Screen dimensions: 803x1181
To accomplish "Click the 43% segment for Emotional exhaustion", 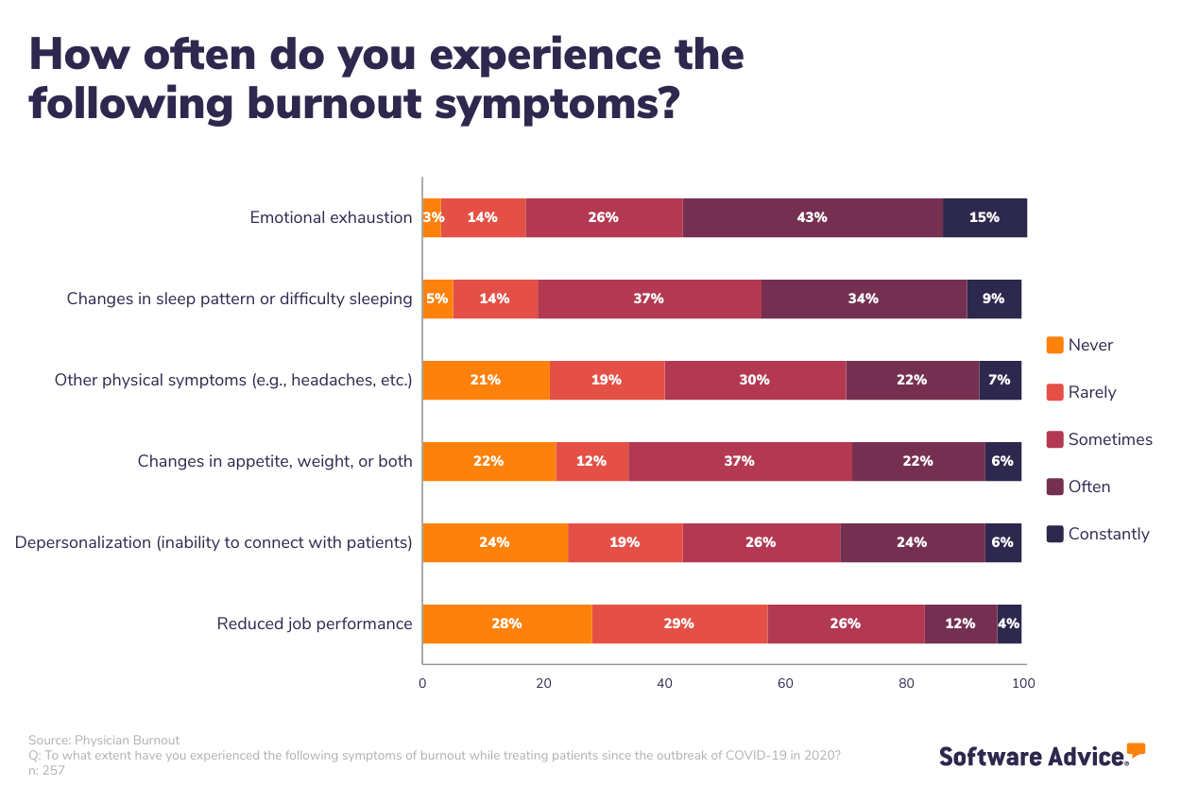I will [813, 217].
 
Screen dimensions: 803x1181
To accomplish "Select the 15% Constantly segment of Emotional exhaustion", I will [984, 217].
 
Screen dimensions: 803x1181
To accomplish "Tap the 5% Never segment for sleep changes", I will [437, 299].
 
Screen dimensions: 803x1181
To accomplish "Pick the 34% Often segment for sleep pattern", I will [864, 299].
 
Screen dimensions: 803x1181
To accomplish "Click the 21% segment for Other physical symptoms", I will [486, 380].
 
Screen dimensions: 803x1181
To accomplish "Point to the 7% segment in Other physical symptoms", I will [1000, 380].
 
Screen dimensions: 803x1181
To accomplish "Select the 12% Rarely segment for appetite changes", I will [592, 461].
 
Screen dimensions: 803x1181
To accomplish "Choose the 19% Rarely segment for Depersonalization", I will [625, 542].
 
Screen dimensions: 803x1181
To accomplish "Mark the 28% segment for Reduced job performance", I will [507, 624].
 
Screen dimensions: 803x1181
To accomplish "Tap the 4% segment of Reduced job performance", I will [1009, 624].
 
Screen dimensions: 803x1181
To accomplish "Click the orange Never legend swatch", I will [1055, 345].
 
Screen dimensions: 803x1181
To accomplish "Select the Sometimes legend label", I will [1110, 439].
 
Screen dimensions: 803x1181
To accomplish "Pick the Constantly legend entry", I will [1108, 534].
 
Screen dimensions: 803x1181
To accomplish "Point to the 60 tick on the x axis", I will [785, 683].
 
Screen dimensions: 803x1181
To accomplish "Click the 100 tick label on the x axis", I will [1024, 683].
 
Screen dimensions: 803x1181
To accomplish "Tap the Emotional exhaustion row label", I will [331, 217].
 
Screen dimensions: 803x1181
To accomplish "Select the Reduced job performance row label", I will [315, 624].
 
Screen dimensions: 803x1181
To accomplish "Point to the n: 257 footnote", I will [46, 770].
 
